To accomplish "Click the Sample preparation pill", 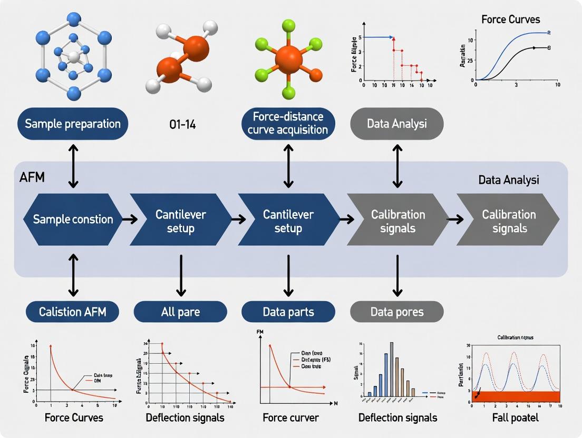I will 73,124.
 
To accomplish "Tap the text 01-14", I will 182,125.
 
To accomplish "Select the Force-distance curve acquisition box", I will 288,124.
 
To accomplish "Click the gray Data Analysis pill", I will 396,124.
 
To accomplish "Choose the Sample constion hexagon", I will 73,219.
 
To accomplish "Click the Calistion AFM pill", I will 73,312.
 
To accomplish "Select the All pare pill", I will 181,312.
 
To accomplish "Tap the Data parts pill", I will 288,312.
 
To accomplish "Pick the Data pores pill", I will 396,312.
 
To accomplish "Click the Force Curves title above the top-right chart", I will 510,19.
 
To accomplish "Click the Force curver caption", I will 290,417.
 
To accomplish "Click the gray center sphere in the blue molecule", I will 74,56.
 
